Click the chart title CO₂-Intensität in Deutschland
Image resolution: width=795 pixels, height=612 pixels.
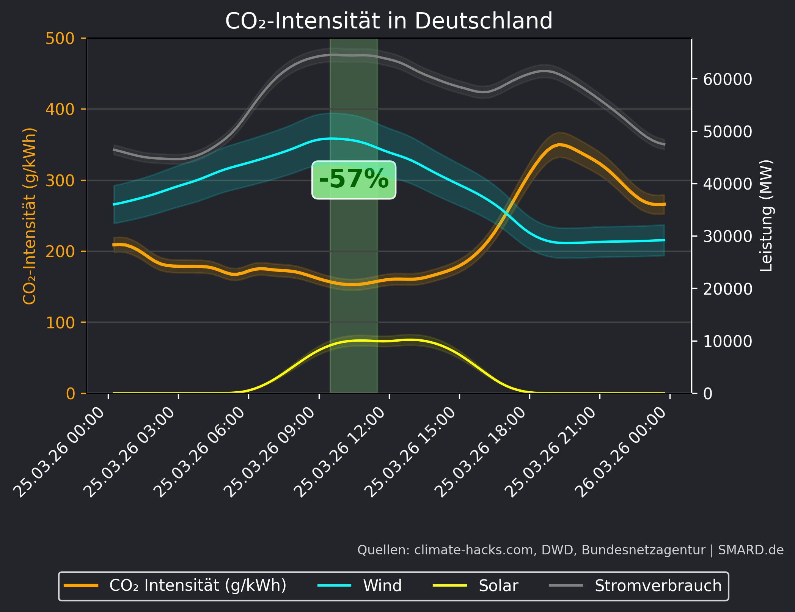[x=389, y=21]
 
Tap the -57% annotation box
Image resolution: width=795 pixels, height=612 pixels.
[x=354, y=179]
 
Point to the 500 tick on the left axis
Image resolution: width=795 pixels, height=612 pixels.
[x=60, y=39]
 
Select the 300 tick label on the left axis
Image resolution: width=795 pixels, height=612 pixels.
[x=60, y=180]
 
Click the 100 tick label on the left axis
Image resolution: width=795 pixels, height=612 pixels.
[x=60, y=323]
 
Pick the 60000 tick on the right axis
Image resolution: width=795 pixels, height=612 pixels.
[x=727, y=79]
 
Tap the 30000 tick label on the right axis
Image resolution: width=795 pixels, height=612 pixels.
[x=727, y=236]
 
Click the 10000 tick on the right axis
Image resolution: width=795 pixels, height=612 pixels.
[x=727, y=341]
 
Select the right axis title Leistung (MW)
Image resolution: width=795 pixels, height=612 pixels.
[x=766, y=215]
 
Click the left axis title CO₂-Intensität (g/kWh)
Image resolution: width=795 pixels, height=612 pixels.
[x=30, y=216]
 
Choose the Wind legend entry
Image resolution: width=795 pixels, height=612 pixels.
[x=382, y=586]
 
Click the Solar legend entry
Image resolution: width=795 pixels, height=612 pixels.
[x=498, y=586]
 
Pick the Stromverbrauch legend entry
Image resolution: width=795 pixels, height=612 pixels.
[x=658, y=586]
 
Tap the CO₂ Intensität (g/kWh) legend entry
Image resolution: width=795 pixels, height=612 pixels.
[x=197, y=586]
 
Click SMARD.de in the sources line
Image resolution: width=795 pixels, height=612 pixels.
[x=751, y=550]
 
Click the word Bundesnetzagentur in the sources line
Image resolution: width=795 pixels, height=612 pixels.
[x=643, y=550]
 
